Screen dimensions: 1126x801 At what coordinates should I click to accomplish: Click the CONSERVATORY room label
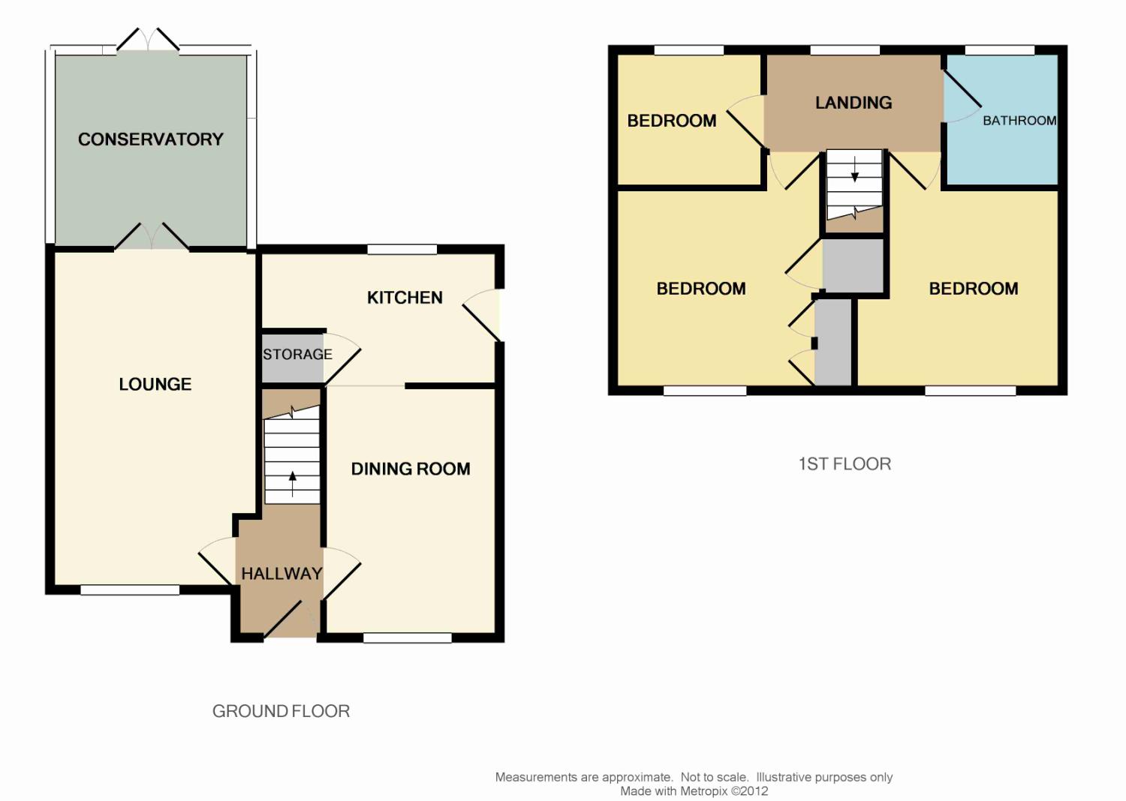pyautogui.click(x=150, y=139)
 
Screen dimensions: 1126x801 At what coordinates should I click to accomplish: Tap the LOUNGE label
pyautogui.click(x=155, y=384)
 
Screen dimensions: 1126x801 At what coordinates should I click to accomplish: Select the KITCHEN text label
pyautogui.click(x=405, y=298)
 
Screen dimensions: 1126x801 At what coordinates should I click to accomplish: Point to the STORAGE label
pyautogui.click(x=297, y=355)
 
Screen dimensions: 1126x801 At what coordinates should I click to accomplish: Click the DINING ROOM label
pyautogui.click(x=411, y=469)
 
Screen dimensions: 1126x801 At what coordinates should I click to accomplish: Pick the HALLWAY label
pyautogui.click(x=281, y=574)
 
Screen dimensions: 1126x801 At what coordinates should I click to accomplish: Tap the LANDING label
pyautogui.click(x=854, y=103)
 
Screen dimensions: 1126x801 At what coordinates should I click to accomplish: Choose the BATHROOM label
pyautogui.click(x=1019, y=121)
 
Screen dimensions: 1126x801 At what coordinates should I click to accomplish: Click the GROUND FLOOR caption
pyautogui.click(x=281, y=711)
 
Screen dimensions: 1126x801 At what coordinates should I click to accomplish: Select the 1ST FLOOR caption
pyautogui.click(x=844, y=464)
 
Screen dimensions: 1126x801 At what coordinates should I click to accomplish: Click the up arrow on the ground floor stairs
pyautogui.click(x=292, y=484)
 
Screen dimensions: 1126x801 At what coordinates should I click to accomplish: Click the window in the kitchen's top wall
pyautogui.click(x=402, y=250)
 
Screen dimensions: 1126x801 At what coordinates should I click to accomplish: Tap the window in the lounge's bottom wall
pyautogui.click(x=130, y=590)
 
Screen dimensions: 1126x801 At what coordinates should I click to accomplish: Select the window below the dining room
pyautogui.click(x=408, y=637)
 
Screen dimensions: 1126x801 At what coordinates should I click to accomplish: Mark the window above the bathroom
pyautogui.click(x=1000, y=50)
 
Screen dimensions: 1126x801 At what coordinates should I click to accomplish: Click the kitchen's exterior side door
pyautogui.click(x=482, y=316)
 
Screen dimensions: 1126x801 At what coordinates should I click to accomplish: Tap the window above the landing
pyautogui.click(x=845, y=50)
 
